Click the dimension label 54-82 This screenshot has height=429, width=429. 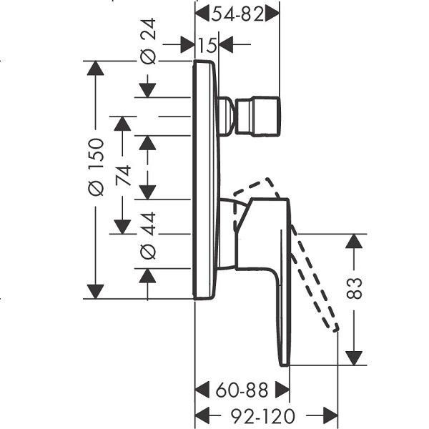tap(237, 14)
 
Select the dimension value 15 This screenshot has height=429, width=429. tap(207, 45)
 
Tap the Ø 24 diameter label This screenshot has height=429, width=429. tap(148, 41)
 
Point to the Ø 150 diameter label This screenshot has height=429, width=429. tap(96, 167)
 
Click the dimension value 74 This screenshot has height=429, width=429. tap(123, 175)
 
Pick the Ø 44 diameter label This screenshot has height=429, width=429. tap(148, 236)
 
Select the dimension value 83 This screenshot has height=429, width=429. tap(354, 288)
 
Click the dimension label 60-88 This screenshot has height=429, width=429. tap(242, 390)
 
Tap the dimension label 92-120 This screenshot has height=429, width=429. tap(263, 416)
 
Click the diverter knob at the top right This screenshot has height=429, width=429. tap(257, 117)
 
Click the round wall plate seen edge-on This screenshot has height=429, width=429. tap(207, 180)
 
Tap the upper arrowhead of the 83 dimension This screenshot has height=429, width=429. tap(354, 242)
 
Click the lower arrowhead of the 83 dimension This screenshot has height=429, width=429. tap(354, 358)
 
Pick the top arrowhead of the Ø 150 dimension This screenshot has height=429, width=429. tap(96, 68)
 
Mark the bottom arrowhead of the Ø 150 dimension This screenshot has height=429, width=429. tap(96, 292)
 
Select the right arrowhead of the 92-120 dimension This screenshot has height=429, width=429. tap(330, 416)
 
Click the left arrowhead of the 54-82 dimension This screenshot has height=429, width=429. tap(202, 14)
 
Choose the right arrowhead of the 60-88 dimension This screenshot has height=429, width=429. tap(282, 390)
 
